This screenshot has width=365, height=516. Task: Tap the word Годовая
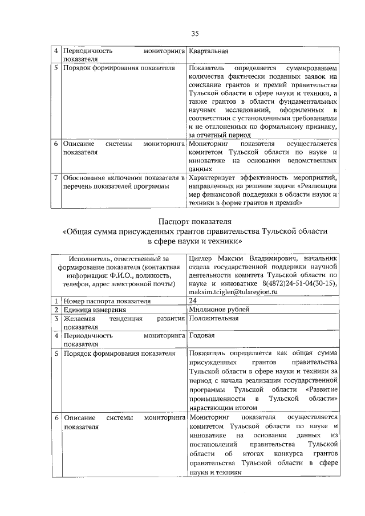pyautogui.click(x=202, y=336)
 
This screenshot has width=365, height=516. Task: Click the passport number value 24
pyautogui.click(x=192, y=300)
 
